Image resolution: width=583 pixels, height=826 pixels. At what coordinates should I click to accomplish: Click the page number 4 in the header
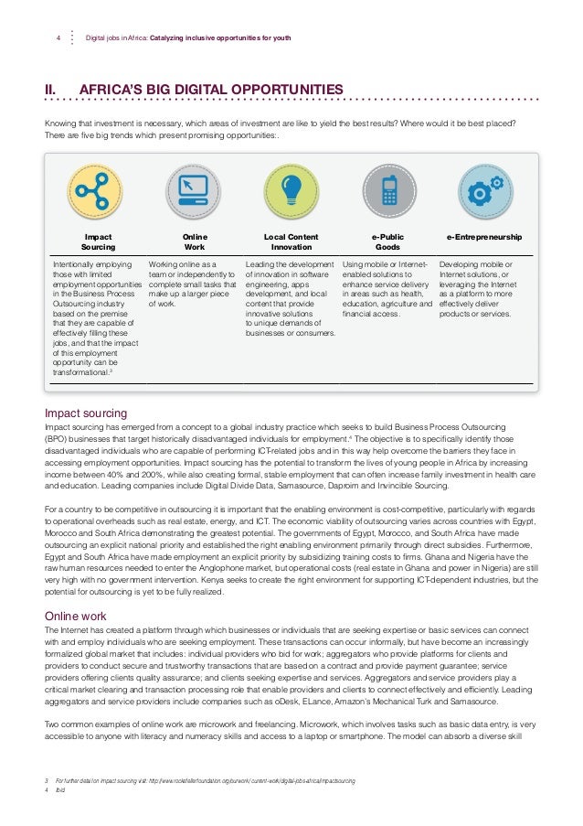coord(58,38)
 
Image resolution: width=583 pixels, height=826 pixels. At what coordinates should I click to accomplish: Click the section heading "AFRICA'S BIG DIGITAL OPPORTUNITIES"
coord(212,89)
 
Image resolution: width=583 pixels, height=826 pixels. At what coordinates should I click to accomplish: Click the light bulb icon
coord(291,188)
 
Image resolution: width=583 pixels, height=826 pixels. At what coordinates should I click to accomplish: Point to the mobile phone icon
coord(388,188)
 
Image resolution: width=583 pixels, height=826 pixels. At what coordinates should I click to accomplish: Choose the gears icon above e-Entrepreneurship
coord(483,188)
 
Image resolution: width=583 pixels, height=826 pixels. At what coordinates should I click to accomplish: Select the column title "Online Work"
coord(195,241)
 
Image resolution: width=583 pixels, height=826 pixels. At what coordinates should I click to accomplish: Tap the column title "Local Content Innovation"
coord(291,241)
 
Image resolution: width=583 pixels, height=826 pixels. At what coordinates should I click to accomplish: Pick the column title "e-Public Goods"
coord(387,241)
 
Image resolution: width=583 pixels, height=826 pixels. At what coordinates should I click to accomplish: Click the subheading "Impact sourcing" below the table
coord(86,413)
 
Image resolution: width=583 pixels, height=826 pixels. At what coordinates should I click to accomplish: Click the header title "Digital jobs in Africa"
coord(118,38)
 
